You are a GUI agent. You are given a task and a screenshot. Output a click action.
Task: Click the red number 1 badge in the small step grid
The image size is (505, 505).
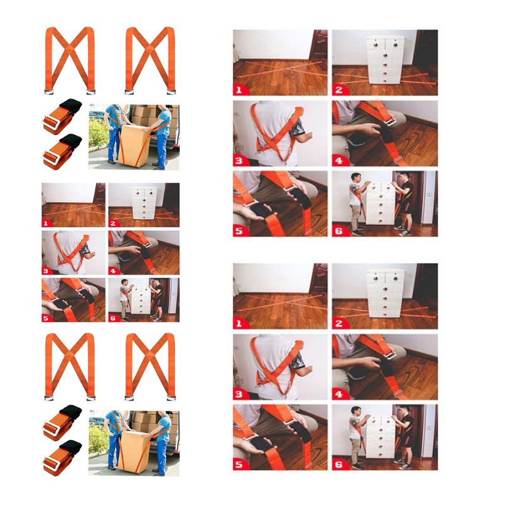coord(45,223)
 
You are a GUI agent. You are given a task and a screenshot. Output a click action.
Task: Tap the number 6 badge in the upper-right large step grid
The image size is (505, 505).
coord(339,231)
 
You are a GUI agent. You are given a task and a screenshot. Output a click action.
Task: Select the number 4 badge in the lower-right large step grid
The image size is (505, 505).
coord(339,394)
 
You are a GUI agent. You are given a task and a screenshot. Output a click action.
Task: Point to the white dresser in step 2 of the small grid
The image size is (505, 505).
coord(144,203)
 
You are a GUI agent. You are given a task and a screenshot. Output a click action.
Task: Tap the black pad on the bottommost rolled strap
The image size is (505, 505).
coord(71,446)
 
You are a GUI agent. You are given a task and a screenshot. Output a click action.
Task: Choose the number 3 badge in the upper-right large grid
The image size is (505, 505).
coord(239,160)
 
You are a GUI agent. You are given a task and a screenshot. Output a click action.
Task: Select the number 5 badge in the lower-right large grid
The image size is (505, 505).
coord(239,465)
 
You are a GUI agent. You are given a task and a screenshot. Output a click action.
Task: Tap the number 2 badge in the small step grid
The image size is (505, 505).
coord(113,223)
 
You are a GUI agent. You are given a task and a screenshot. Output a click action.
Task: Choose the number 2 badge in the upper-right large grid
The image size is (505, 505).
coord(339,90)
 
